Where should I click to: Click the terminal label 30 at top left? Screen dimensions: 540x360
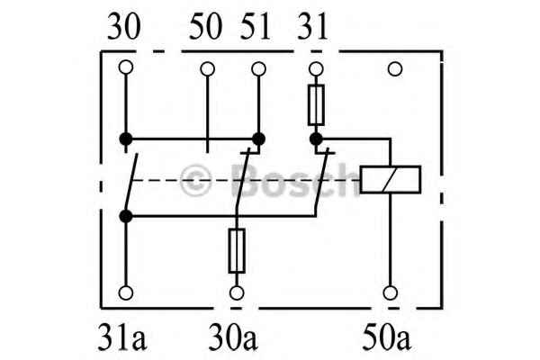(124, 26)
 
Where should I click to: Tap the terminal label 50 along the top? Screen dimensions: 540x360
(205, 26)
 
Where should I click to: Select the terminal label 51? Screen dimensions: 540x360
(256, 26)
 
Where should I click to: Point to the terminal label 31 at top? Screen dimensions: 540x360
(312, 26)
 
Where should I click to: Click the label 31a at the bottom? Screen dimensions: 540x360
(122, 337)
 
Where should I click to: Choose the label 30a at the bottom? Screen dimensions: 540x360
(233, 337)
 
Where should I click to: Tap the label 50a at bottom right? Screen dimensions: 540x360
(386, 337)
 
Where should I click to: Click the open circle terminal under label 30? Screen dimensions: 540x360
(126, 67)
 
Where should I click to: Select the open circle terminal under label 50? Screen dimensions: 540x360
(207, 69)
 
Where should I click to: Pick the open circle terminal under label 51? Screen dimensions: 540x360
(258, 69)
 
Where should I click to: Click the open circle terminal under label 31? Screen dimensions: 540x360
(316, 69)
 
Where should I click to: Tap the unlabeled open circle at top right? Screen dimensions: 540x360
(395, 69)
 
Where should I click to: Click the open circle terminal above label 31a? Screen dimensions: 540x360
(126, 292)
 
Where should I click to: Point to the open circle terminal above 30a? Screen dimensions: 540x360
(237, 293)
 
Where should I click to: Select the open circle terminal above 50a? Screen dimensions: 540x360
(391, 292)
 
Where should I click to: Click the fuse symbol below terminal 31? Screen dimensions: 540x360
(316, 104)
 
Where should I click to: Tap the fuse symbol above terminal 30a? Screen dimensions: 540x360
(237, 250)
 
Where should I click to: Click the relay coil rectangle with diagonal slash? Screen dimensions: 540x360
(391, 179)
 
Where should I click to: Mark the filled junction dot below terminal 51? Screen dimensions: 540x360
(258, 139)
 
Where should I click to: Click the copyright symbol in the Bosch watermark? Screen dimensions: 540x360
(195, 180)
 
